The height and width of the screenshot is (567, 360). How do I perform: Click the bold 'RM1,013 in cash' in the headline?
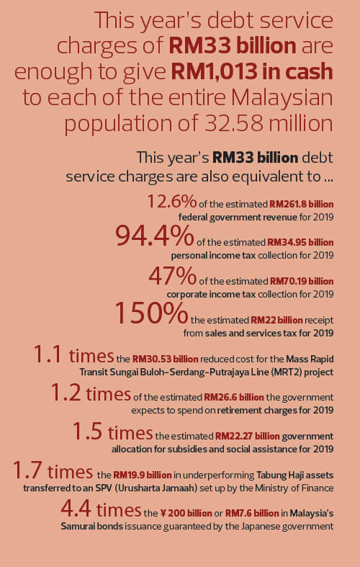pyautogui.click(x=252, y=71)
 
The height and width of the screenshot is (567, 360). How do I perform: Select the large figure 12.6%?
pyautogui.click(x=171, y=202)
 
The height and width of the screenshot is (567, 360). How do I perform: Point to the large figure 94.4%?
pyautogui.click(x=154, y=236)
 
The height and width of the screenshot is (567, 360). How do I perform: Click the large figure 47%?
pyautogui.click(x=172, y=277)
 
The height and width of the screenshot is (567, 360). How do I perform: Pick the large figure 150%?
pyautogui.click(x=151, y=313)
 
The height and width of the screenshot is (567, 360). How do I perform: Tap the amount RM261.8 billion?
pyautogui.click(x=302, y=205)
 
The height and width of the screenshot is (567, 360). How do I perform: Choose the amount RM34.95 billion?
pyautogui.click(x=300, y=242)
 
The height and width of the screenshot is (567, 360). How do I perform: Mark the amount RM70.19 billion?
pyautogui.click(x=302, y=281)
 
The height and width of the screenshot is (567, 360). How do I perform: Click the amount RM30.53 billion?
pyautogui.click(x=165, y=359)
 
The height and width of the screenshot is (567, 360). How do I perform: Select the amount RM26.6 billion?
pyautogui.click(x=234, y=398)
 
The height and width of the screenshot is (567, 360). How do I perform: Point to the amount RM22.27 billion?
pyautogui.click(x=248, y=436)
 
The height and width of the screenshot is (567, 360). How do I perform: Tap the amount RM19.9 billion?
pyautogui.click(x=143, y=475)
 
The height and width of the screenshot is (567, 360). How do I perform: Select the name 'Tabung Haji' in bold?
pyautogui.click(x=279, y=475)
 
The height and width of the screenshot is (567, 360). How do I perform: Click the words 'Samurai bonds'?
pyautogui.click(x=92, y=526)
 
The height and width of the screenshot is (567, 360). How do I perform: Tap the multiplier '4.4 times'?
pyautogui.click(x=101, y=510)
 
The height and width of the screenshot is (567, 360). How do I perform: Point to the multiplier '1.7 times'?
pyautogui.click(x=53, y=471)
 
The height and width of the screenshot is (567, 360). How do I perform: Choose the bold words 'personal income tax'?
pyautogui.click(x=213, y=256)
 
